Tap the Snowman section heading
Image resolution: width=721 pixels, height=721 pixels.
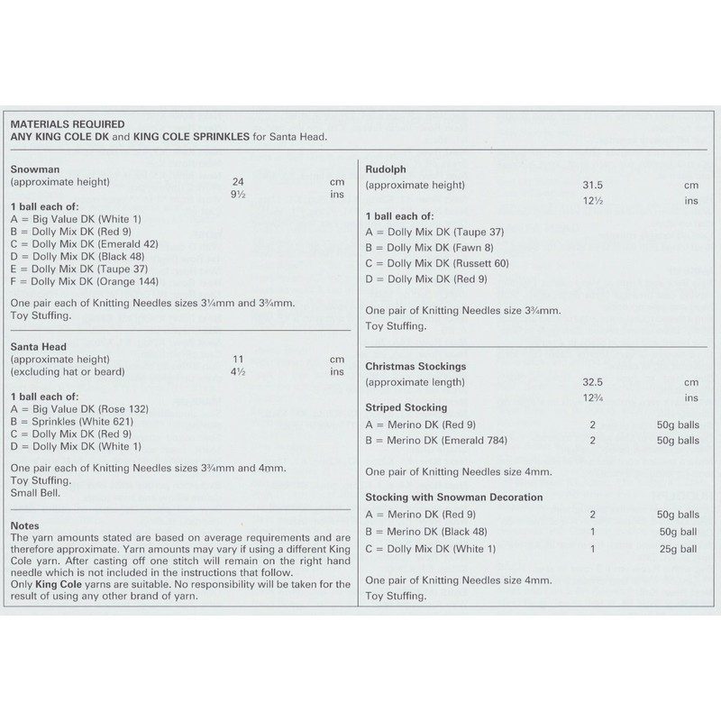click(33, 169)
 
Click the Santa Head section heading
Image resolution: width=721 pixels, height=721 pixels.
click(39, 346)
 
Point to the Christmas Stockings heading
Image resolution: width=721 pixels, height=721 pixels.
click(415, 367)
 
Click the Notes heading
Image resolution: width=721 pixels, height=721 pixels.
click(26, 525)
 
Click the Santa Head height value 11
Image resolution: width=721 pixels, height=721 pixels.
click(238, 359)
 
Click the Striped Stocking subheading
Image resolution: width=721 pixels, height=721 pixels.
click(406, 407)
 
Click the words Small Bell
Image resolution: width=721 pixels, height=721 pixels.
click(34, 493)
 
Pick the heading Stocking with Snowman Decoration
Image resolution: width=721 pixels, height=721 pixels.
click(453, 497)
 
